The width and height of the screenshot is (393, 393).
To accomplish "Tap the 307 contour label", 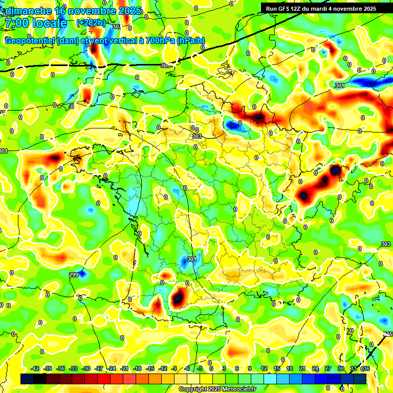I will click(117, 27).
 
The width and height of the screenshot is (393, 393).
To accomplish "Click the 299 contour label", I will click(74, 275).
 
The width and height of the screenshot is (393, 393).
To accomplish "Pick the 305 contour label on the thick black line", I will click(165, 65).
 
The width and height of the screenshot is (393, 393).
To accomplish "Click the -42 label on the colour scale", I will click(35, 368).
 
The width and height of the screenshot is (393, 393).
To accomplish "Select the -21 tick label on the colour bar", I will click(124, 368).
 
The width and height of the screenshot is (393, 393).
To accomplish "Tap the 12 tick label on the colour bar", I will click(264, 368).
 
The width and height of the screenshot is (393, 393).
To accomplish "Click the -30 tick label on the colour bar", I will click(86, 368).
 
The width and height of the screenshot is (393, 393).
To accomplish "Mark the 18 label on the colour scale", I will click(290, 368).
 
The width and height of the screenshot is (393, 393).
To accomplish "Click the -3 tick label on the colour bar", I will click(200, 368).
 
